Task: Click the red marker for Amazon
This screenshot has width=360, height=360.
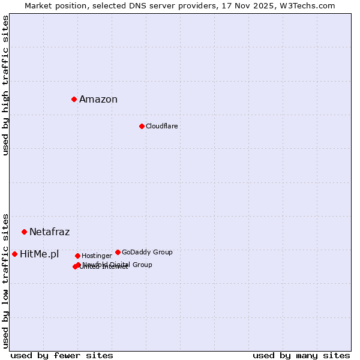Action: [x=74, y=99]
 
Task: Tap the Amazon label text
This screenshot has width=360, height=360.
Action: [x=98, y=100]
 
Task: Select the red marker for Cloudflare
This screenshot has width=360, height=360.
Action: [x=142, y=126]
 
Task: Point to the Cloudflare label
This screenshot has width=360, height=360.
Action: [x=161, y=126]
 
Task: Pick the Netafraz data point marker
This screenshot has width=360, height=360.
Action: [x=24, y=232]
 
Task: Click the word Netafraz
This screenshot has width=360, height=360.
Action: [x=49, y=232]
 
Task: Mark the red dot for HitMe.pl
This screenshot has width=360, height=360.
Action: [x=14, y=254]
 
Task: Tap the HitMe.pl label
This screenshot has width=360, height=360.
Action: [x=40, y=254]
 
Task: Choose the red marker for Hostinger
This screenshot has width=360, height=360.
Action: [x=77, y=256]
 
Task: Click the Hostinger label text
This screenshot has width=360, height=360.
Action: [x=97, y=256]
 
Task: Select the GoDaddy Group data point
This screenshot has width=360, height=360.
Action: [x=118, y=252]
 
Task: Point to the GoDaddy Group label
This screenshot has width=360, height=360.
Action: [x=147, y=252]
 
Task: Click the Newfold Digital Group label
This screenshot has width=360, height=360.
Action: [x=118, y=265]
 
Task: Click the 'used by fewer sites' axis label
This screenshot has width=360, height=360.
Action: [x=62, y=355]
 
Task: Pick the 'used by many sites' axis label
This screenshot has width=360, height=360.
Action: [x=301, y=355]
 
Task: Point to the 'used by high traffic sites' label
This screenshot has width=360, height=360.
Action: [x=5, y=85]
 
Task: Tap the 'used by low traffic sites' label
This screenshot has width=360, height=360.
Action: [x=5, y=281]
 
